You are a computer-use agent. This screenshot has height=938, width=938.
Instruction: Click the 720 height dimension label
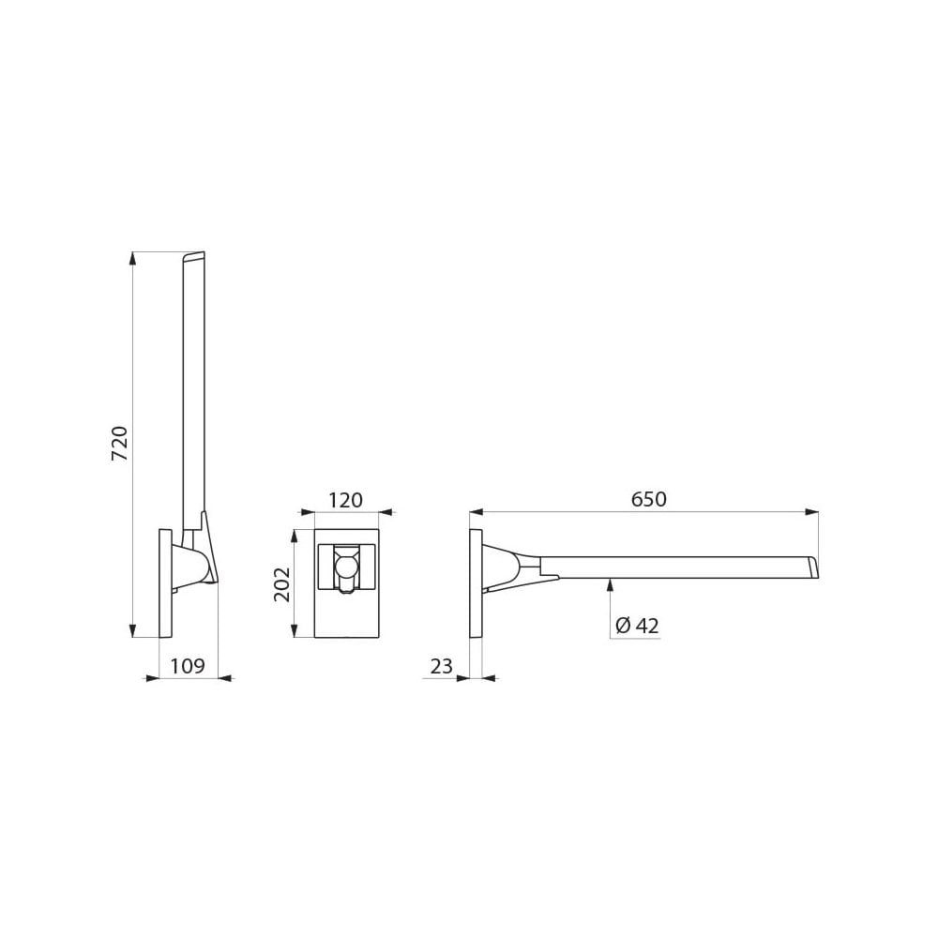click(119, 443)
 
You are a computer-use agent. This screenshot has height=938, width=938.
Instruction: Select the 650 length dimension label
click(648, 500)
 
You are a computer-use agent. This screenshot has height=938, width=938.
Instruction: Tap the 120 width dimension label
click(345, 501)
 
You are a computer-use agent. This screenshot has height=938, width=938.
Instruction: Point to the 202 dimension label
click(282, 583)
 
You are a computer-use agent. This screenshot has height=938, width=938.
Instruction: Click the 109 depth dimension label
click(188, 667)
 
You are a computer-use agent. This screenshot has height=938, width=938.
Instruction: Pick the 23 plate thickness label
click(441, 667)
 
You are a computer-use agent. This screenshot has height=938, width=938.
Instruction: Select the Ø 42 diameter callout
click(638, 627)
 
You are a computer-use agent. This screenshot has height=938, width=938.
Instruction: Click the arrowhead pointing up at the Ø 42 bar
click(610, 584)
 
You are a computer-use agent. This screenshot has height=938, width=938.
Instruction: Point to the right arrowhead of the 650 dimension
click(811, 512)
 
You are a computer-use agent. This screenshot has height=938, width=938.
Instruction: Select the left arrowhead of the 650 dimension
click(477, 512)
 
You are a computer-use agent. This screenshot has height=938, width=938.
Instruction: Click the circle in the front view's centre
click(346, 567)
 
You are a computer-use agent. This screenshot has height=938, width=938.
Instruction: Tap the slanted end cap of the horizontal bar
click(813, 567)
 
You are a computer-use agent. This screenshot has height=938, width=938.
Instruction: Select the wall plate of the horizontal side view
click(476, 583)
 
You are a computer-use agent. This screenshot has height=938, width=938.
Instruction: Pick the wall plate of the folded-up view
click(165, 583)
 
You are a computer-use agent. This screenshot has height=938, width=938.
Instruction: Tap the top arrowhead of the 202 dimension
click(295, 536)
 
